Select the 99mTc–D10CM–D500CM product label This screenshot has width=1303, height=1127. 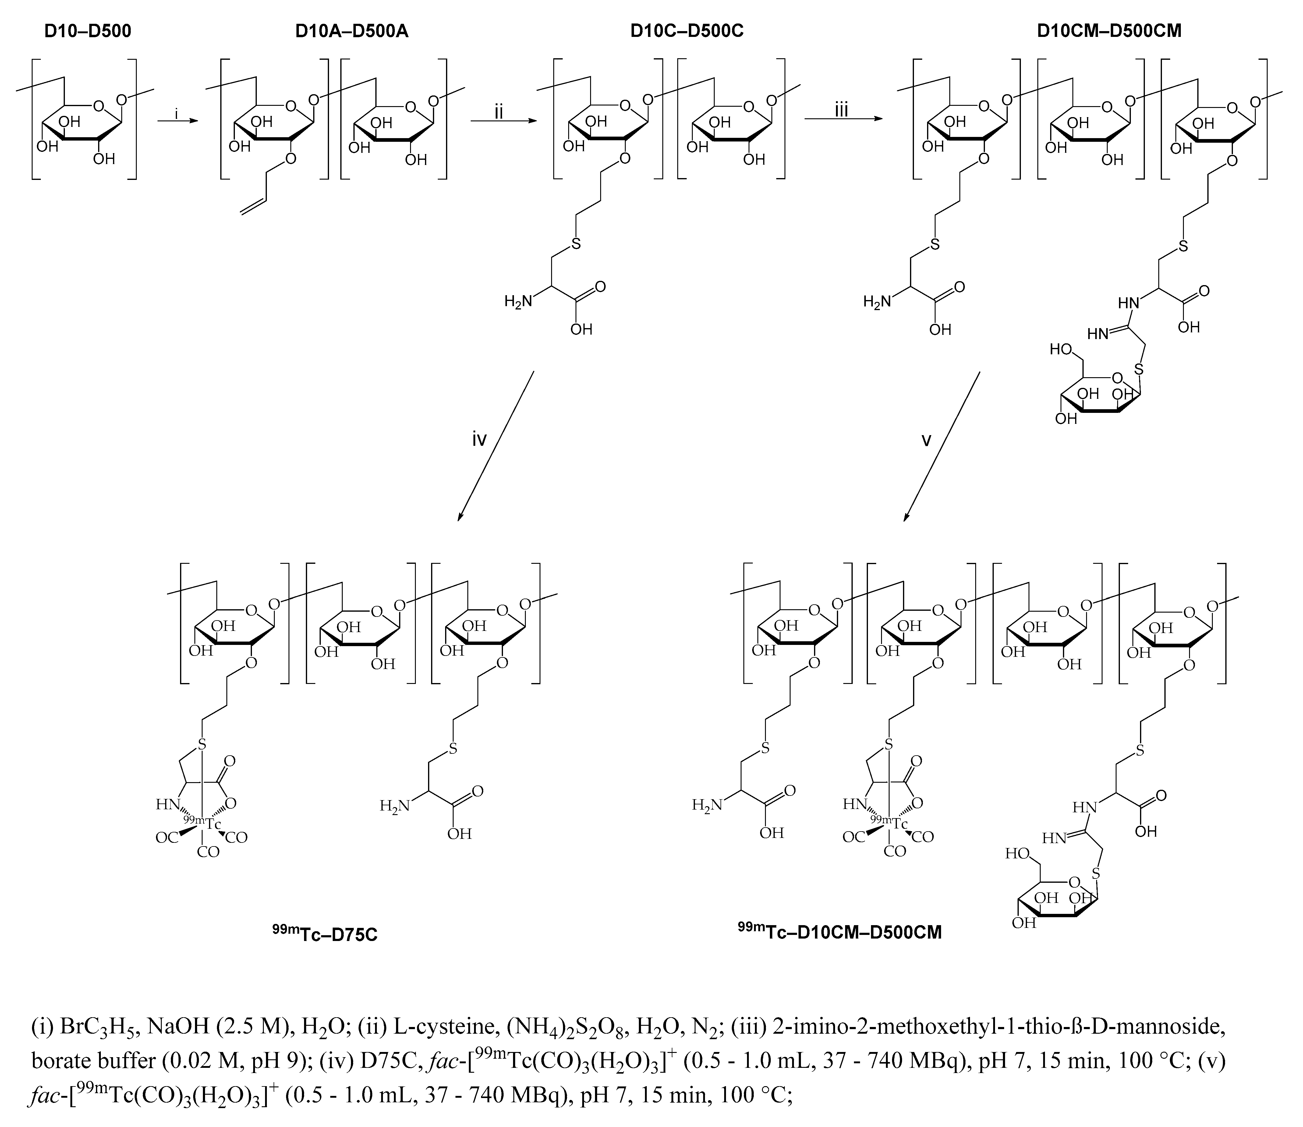tap(840, 931)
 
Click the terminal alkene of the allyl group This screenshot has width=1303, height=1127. tap(255, 208)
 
